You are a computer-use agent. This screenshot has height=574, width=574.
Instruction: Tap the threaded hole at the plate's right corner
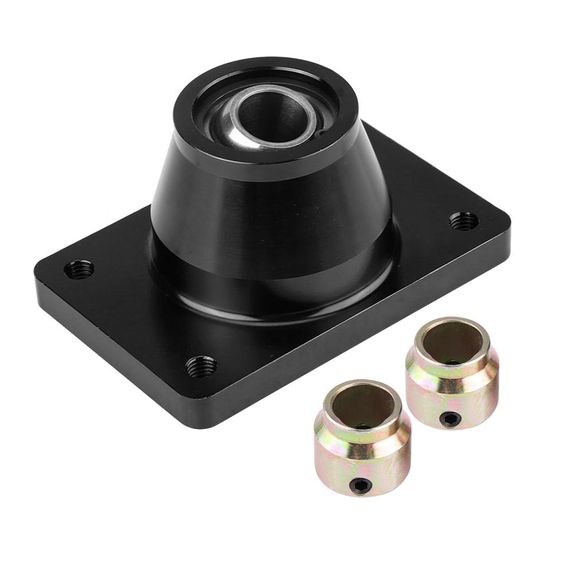(462, 219)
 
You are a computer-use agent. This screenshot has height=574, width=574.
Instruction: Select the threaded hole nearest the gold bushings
(201, 364)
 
